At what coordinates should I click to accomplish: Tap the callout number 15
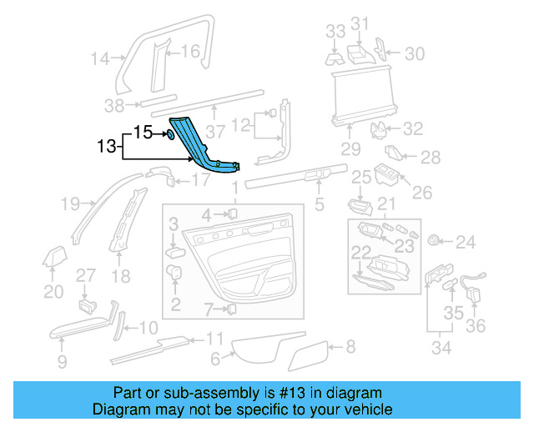tap(143, 132)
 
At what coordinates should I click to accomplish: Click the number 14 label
tap(100, 58)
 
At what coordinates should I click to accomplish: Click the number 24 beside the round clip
tap(465, 242)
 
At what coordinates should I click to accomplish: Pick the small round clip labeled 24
tap(433, 241)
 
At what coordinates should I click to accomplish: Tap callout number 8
tap(350, 345)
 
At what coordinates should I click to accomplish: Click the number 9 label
tap(62, 361)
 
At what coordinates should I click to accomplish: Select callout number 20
tap(53, 291)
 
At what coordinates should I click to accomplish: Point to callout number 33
tap(335, 32)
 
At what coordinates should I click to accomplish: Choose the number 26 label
tap(422, 193)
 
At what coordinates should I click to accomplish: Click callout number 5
tap(318, 203)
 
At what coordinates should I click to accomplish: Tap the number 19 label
tap(70, 203)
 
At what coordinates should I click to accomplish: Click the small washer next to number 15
tap(170, 133)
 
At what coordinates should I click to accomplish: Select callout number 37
tap(216, 131)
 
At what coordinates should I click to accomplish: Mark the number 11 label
tap(214, 339)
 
